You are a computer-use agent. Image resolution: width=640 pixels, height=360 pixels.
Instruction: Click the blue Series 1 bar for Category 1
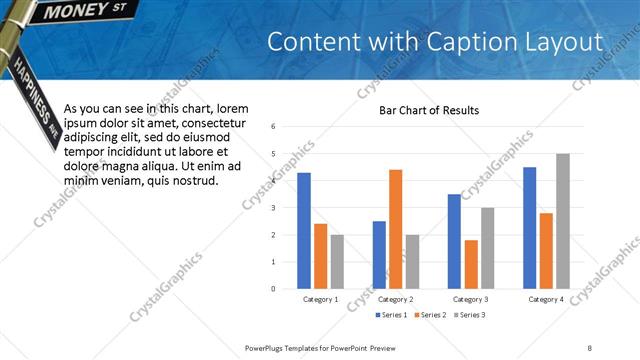pos(304,231)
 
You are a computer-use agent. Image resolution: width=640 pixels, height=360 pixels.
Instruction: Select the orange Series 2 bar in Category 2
pos(395,229)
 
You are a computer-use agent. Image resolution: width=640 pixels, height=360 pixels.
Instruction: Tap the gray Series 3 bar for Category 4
pos(562,221)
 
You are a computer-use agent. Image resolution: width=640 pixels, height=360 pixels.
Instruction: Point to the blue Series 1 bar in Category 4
pos(530,228)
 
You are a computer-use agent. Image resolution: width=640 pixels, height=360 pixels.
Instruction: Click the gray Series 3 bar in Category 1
pos(337,262)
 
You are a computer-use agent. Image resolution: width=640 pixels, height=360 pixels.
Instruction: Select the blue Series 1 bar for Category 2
pos(379,255)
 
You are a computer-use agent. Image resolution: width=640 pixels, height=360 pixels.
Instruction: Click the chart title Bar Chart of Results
pos(429,110)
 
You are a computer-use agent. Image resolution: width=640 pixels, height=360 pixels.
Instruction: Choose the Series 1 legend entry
pos(391,316)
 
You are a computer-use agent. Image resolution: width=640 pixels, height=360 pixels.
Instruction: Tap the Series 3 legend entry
pos(469,316)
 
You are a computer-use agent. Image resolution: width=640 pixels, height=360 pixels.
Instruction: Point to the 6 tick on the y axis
pos(273,127)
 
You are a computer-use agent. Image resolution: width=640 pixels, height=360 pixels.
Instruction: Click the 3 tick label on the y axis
pos(273,208)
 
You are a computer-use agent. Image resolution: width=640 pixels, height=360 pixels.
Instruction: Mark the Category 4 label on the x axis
pos(546,299)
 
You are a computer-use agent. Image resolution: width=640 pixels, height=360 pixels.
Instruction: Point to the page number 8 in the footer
pos(590,347)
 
